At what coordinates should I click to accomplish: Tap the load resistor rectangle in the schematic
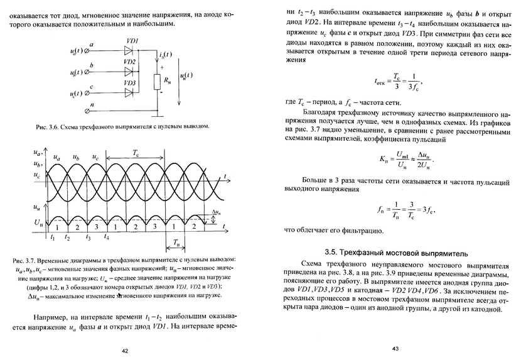click(x=158, y=81)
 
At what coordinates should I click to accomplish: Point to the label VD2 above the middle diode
click(x=130, y=62)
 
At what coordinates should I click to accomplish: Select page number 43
click(x=395, y=348)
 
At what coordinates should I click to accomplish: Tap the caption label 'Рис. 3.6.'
click(x=48, y=127)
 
